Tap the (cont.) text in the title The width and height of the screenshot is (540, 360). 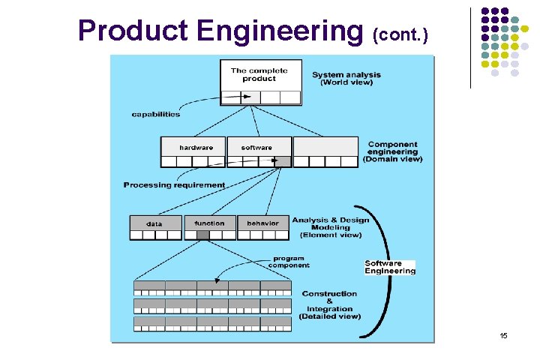400,34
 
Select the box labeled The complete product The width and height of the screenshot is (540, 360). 260,75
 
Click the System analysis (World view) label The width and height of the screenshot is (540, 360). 346,78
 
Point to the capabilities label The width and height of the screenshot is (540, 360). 155,114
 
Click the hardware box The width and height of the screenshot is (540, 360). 195,147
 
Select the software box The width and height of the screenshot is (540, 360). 257,147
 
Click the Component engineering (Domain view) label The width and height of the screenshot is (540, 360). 392,151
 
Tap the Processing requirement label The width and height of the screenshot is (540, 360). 174,184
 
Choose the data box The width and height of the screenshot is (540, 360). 154,223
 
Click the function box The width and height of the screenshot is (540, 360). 209,223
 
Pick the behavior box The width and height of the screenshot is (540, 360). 262,223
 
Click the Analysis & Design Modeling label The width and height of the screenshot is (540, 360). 331,227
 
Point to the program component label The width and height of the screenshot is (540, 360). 290,261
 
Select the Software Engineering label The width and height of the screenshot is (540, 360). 389,267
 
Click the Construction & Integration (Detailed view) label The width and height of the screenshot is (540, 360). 329,304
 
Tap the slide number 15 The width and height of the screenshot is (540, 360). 503,335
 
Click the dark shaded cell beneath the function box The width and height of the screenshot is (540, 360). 202,235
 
